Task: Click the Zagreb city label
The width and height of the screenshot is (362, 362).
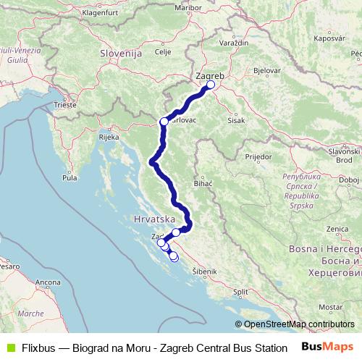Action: pos(211,75)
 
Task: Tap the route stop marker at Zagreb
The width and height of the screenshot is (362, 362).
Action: pos(211,85)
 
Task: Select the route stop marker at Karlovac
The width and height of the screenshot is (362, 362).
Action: pos(164,122)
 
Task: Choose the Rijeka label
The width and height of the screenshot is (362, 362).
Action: pos(109,137)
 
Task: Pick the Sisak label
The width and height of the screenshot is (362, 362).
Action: pos(235,121)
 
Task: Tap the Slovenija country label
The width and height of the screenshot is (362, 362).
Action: pos(119,54)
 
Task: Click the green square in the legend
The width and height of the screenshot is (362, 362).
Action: pos(9,347)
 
